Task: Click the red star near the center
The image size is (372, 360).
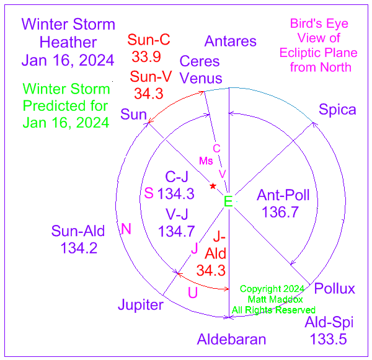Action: pos(213,186)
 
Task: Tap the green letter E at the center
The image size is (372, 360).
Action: pos(228,201)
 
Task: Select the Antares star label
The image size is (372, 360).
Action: pos(231,41)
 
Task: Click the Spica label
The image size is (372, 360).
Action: pos(337,110)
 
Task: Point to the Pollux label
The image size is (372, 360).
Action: pos(335,288)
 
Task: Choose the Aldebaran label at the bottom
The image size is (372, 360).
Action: pos(231,339)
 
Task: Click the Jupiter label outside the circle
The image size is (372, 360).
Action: pos(141,305)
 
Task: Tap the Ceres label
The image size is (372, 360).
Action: pos(200,61)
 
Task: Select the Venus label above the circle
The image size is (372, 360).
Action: pos(201,78)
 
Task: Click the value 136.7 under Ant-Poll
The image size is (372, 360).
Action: pos(280,212)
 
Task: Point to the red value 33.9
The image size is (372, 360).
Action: pos(146,56)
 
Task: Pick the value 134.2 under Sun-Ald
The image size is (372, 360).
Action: pos(79,248)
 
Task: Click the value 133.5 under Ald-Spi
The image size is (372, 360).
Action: pos(329,339)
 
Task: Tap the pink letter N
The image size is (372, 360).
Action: pos(126,229)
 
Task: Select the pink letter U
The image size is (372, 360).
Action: pos(193,292)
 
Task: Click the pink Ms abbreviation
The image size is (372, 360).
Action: pos(206,160)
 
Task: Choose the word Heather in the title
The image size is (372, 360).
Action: pos(68,42)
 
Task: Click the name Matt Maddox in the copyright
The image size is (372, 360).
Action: pos(275,299)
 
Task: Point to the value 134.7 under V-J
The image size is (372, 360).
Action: pos(176,231)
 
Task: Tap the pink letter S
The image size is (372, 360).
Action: pos(149,193)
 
